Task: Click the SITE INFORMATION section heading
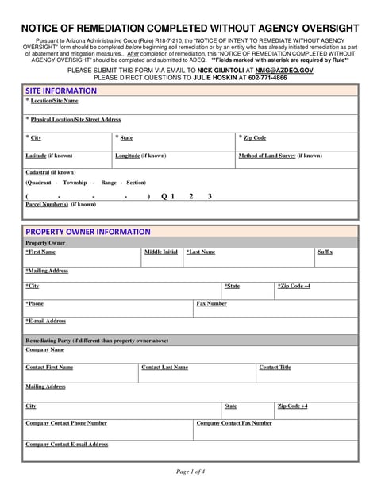[61, 91]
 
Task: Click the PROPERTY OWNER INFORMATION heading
[87, 232]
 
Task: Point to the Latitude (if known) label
[49, 156]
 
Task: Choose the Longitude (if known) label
[140, 156]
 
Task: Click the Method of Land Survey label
[280, 156]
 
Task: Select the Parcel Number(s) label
[61, 204]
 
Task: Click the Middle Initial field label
[160, 252]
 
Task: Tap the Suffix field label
[325, 252]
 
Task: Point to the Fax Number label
[211, 303]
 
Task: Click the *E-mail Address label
[45, 321]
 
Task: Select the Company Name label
[45, 349]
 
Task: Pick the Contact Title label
[275, 368]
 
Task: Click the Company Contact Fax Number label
[234, 423]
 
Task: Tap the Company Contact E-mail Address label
[67, 445]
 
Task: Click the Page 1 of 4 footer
[190, 472]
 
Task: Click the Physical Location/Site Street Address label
[75, 119]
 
